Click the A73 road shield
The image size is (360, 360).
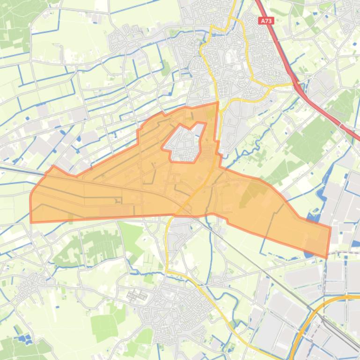(266, 21)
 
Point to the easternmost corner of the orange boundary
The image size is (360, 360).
(331, 228)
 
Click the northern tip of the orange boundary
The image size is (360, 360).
(218, 102)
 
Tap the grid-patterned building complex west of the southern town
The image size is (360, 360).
(135, 295)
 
